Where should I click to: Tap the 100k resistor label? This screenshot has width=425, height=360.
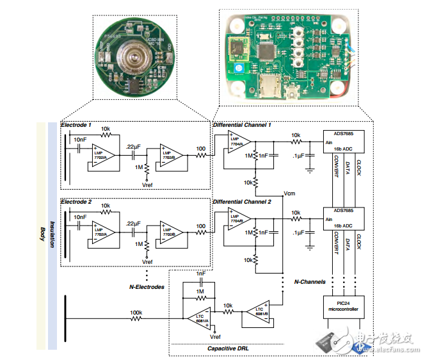[x=136, y=313]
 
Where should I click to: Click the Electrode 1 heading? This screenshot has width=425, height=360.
[x=77, y=124]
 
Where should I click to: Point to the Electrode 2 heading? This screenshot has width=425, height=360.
[x=77, y=202]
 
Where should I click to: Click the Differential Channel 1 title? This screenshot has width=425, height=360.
[x=242, y=124]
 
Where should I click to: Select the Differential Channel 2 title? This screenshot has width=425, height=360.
[x=242, y=202]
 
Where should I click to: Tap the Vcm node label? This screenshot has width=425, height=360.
[x=289, y=193]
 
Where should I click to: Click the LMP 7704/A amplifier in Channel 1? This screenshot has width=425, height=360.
[x=236, y=145]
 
